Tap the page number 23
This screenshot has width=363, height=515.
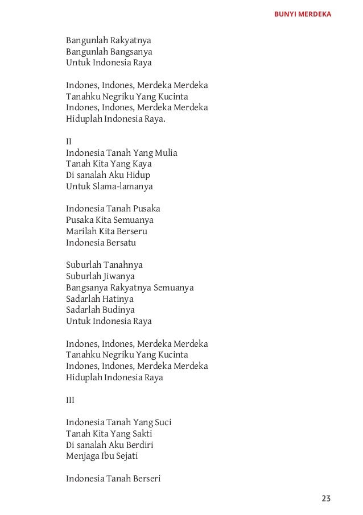click(x=325, y=499)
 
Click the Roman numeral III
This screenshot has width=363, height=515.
click(x=70, y=400)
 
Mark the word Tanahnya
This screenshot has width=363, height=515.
click(x=123, y=265)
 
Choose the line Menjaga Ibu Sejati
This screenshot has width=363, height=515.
click(x=102, y=456)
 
